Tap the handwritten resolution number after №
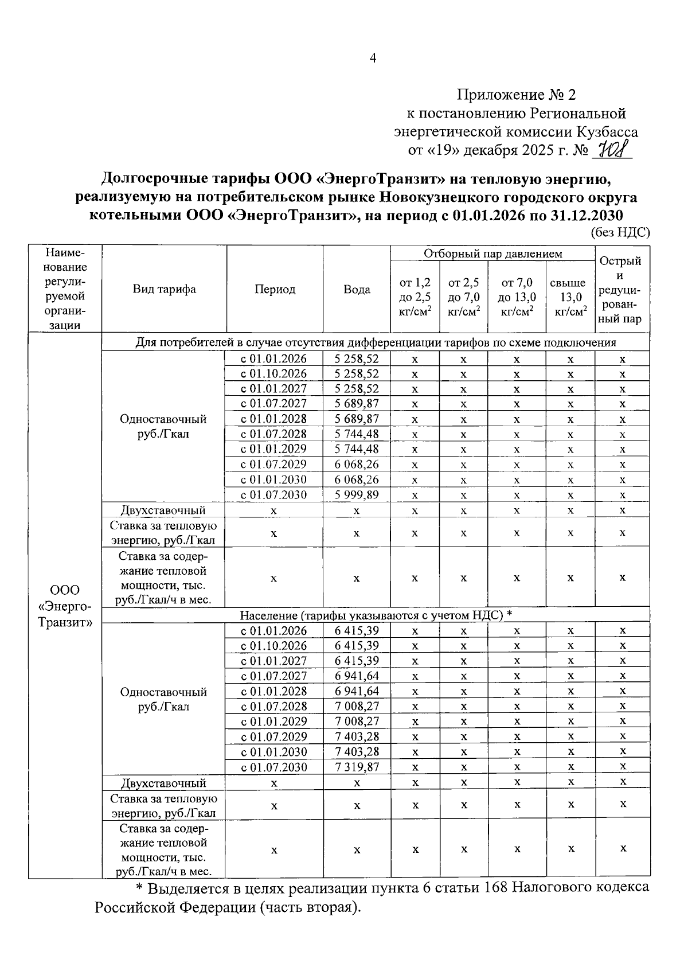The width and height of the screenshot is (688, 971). pyautogui.click(x=614, y=151)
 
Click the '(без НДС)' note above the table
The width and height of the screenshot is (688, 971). pyautogui.click(x=620, y=232)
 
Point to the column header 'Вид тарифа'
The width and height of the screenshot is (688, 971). pyautogui.click(x=164, y=289)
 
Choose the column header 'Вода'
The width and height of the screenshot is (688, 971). pyautogui.click(x=357, y=290)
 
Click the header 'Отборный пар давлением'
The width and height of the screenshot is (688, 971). pyautogui.click(x=492, y=254)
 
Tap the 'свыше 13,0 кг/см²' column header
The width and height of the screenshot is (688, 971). pyautogui.click(x=570, y=297)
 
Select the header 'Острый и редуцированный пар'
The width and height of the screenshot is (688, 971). pyautogui.click(x=622, y=290)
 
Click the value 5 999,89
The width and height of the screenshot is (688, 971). pyautogui.click(x=357, y=494)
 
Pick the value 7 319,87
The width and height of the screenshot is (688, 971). pyautogui.click(x=357, y=767)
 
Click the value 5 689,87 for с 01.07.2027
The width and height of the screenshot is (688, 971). pyautogui.click(x=357, y=403)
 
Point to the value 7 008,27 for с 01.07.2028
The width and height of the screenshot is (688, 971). pyautogui.click(x=357, y=706)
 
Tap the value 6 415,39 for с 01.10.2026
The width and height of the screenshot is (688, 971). pyautogui.click(x=357, y=645)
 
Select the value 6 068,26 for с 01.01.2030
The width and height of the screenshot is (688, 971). pyautogui.click(x=357, y=479)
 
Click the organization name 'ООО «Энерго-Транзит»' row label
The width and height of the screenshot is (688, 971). pyautogui.click(x=65, y=606)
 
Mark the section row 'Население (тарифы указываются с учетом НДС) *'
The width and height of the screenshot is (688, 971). pyautogui.click(x=376, y=615)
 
